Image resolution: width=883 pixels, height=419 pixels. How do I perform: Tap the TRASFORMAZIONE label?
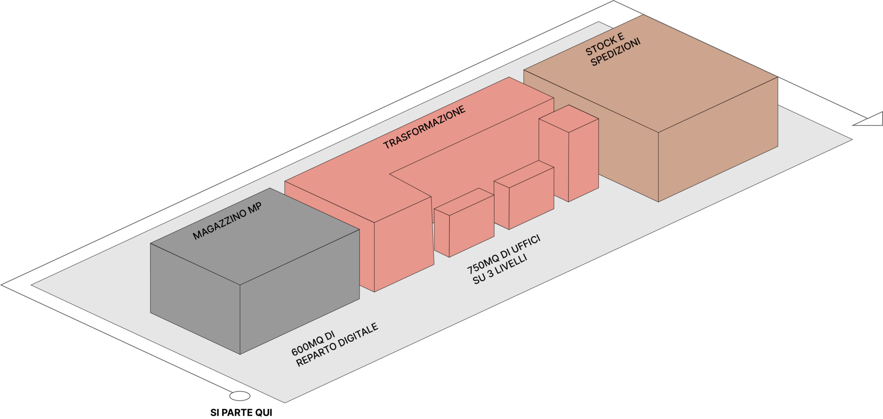(x=425, y=127)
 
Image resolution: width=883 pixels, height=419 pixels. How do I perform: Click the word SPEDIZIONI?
(x=616, y=54)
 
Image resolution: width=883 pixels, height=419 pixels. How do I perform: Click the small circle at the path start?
(x=239, y=395)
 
